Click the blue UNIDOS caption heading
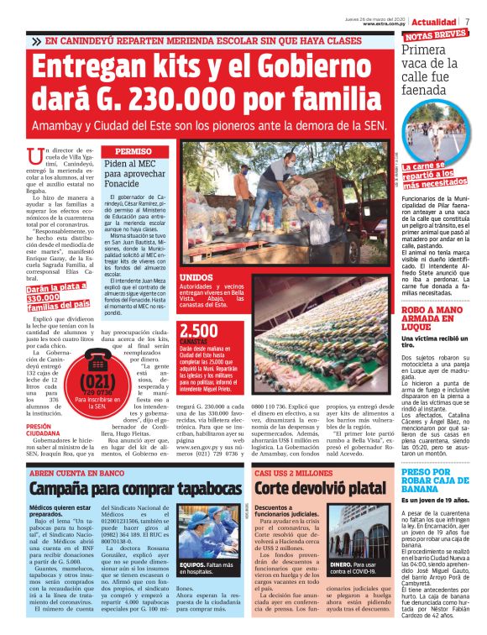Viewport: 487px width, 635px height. [196, 276]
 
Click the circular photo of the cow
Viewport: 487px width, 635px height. [437, 134]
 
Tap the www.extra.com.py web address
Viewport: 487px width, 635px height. [385, 24]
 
